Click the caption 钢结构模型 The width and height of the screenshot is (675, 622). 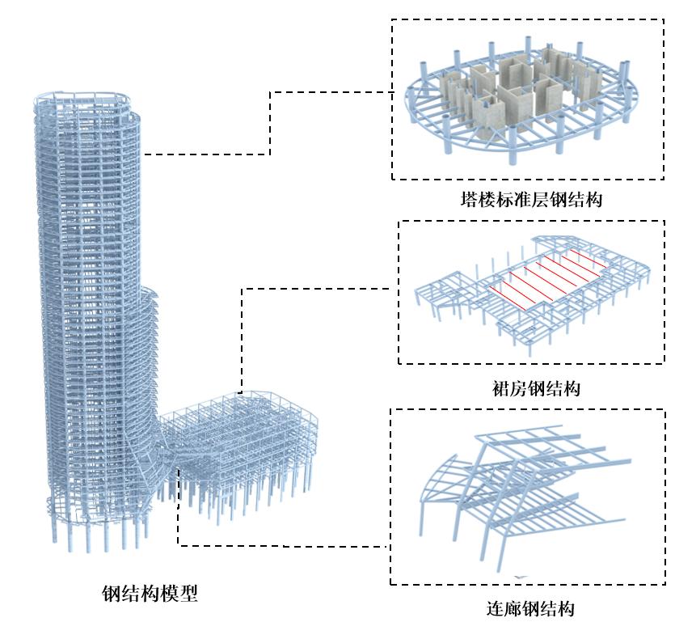[150, 594]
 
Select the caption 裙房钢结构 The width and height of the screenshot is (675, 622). [534, 389]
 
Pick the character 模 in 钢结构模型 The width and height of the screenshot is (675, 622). [169, 594]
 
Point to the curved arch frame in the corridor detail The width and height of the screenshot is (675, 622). [441, 485]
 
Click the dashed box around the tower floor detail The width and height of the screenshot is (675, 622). [393, 97]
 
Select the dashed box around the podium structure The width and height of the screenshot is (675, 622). [399, 291]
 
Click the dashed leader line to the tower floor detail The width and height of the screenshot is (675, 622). [270, 121]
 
